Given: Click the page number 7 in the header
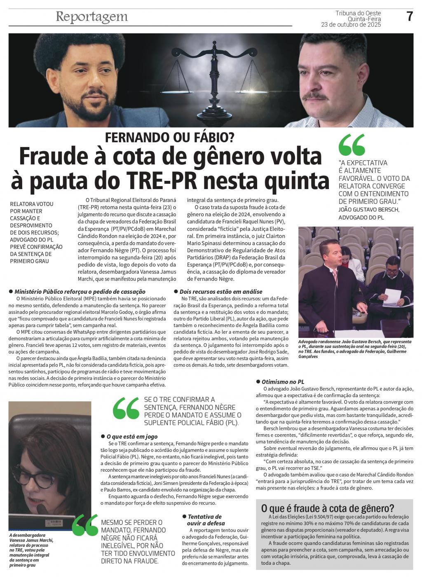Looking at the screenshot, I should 409,16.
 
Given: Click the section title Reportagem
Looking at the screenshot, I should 91,17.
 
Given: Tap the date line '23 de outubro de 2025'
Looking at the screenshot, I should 351,25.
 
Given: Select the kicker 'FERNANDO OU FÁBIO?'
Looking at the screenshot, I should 170,137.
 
